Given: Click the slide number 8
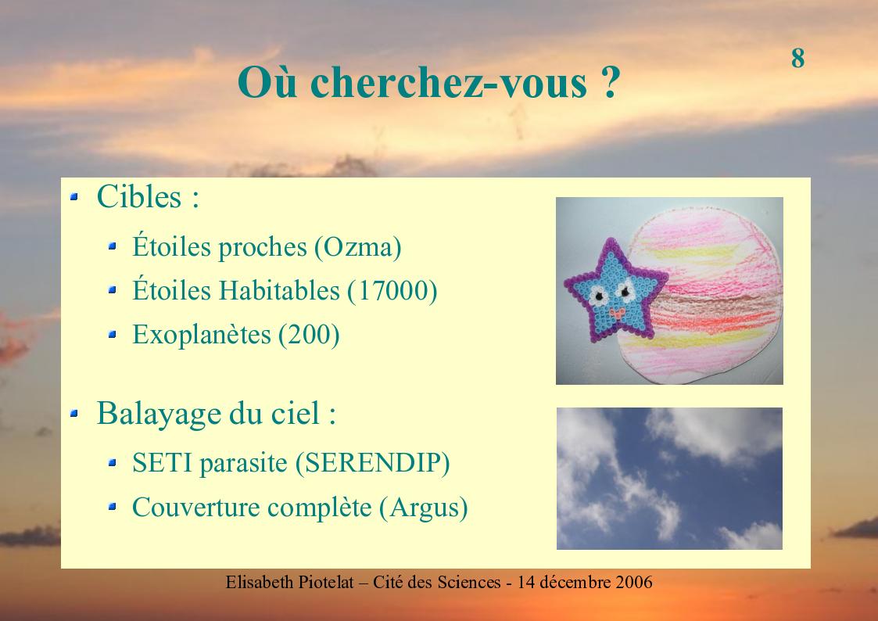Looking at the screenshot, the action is click(x=798, y=58).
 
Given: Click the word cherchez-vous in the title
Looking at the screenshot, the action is click(x=449, y=82).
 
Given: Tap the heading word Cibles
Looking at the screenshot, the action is click(x=139, y=196).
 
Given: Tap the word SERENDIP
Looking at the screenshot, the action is click(x=372, y=463).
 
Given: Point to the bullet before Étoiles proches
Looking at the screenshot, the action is click(x=112, y=246).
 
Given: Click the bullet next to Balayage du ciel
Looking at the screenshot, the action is click(x=74, y=413).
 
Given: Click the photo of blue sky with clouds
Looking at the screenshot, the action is click(x=669, y=478).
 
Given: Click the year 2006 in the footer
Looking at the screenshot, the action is click(x=634, y=583).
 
